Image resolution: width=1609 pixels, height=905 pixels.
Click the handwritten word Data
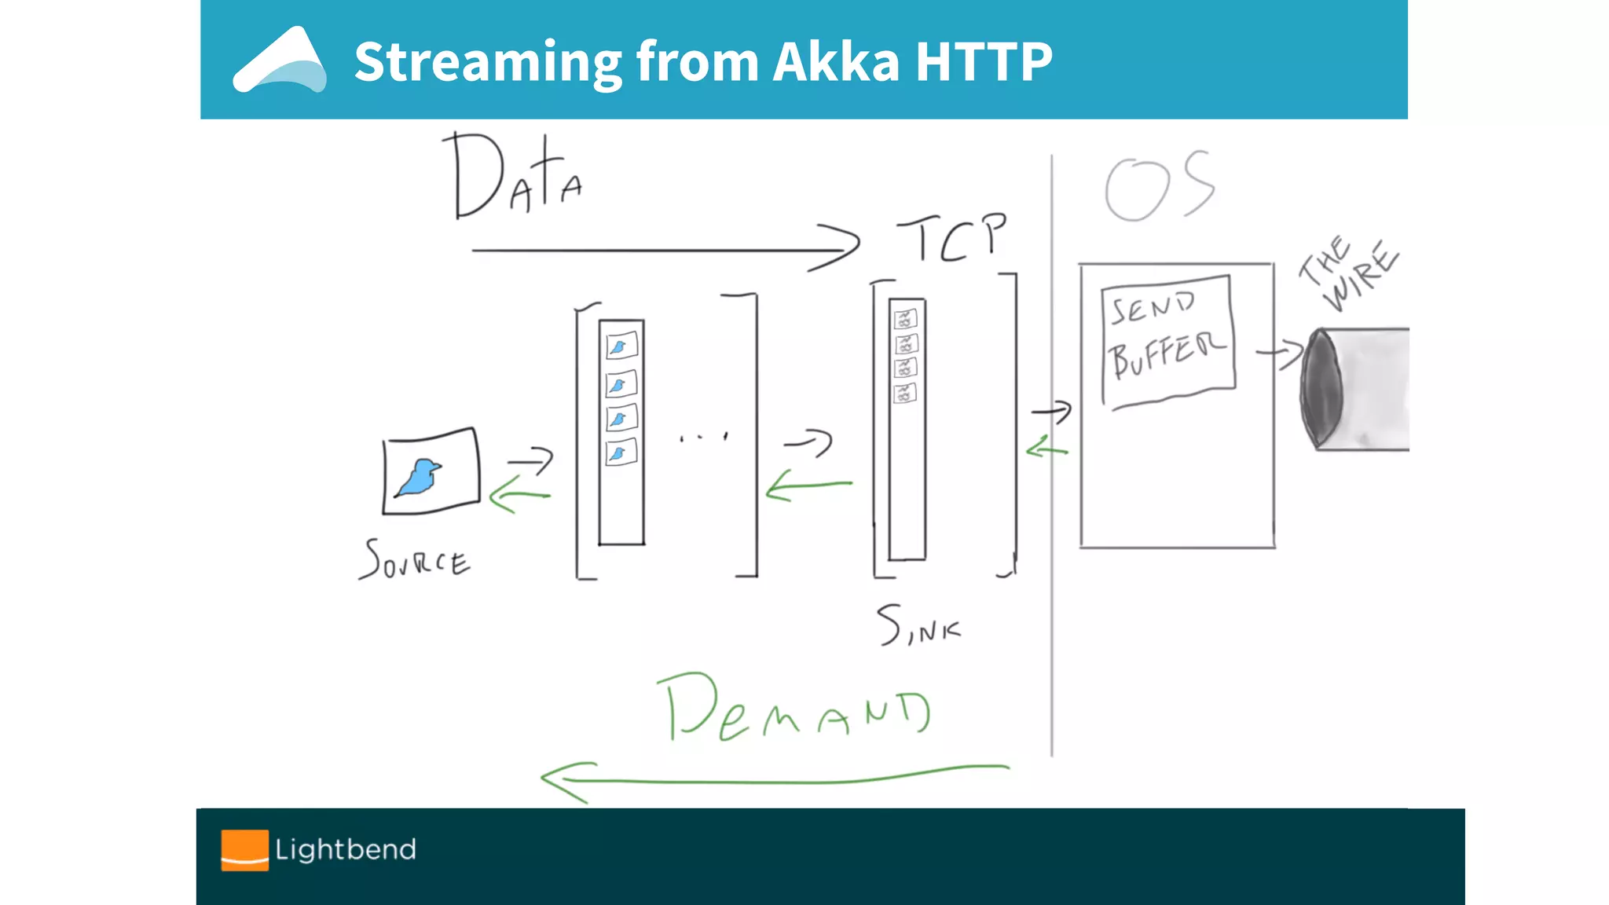[x=515, y=177]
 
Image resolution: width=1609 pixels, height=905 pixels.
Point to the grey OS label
[x=1159, y=187]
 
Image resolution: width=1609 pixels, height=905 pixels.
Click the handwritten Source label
[x=415, y=560]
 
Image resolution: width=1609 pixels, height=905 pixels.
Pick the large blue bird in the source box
[x=419, y=478]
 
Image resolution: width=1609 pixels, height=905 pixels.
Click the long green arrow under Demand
[x=774, y=780]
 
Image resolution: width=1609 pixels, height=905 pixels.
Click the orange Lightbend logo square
[x=244, y=850]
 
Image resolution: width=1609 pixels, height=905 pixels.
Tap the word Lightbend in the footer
[x=346, y=850]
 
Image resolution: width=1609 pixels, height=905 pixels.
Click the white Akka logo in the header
[x=280, y=62]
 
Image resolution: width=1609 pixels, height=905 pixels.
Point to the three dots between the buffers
[x=703, y=437]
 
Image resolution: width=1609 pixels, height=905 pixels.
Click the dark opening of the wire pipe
[x=1321, y=388]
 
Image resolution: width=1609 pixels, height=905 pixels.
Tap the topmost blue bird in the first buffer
[x=621, y=346]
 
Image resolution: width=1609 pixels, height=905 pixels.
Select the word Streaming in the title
[x=488, y=61]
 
